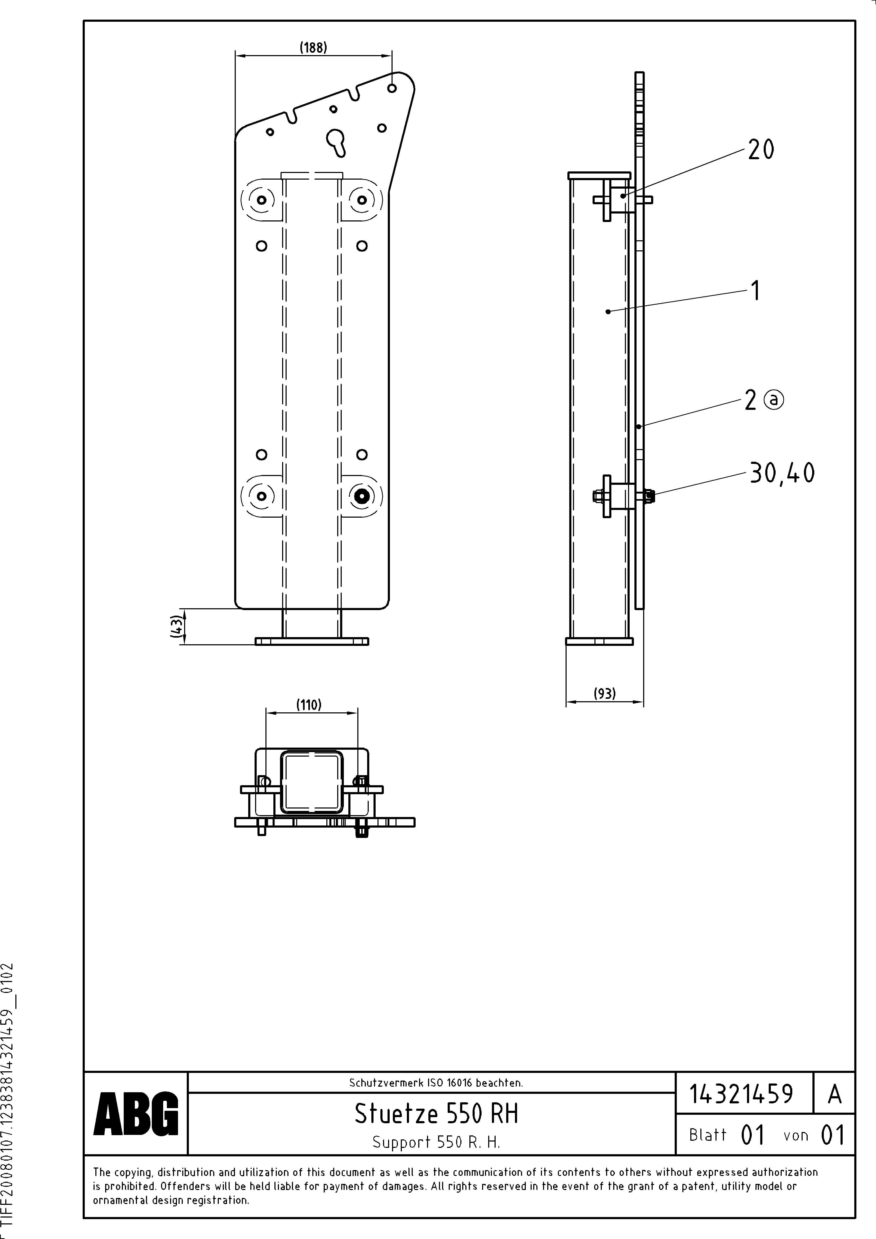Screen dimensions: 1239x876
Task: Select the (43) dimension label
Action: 176,627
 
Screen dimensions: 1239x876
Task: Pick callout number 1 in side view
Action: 756,290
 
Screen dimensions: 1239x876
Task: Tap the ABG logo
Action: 136,1113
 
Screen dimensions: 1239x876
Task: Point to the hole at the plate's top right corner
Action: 392,87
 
